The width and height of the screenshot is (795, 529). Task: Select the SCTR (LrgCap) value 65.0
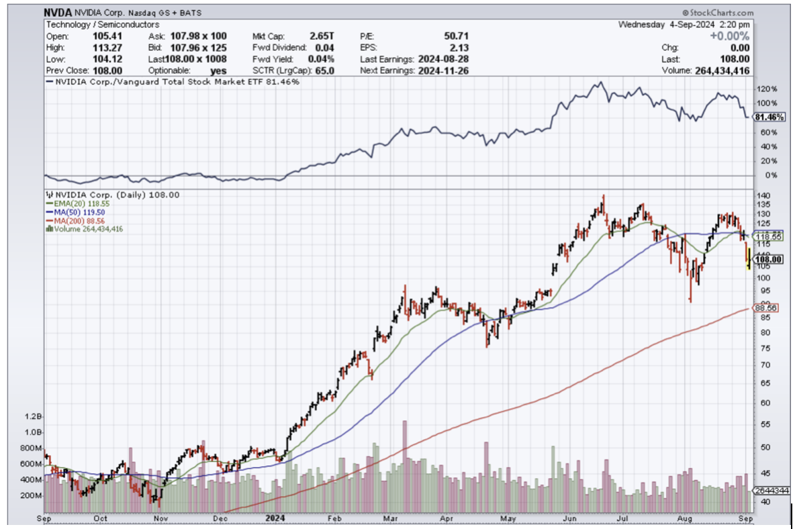point(318,70)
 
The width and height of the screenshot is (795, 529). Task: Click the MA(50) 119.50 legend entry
point(73,212)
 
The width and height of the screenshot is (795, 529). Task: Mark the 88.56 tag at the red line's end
point(765,307)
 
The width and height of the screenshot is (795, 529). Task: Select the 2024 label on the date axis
point(276,518)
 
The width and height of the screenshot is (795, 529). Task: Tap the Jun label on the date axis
point(571,518)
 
